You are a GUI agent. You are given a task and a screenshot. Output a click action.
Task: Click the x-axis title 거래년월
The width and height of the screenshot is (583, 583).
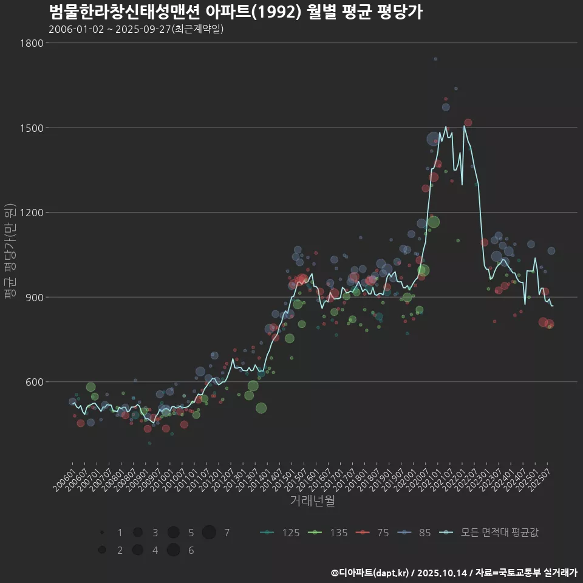[312, 501]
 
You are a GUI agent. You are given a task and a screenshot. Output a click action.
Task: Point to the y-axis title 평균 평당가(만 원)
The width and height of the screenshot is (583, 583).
[10, 252]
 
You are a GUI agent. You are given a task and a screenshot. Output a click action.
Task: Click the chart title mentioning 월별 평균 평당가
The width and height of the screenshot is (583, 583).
[235, 12]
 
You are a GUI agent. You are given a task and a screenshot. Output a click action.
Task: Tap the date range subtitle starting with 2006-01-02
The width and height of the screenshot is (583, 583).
[136, 29]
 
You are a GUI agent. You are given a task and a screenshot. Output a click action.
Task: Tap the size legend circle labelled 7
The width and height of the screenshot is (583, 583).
[210, 533]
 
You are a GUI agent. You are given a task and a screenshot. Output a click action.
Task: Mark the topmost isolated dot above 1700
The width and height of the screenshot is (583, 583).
[435, 59]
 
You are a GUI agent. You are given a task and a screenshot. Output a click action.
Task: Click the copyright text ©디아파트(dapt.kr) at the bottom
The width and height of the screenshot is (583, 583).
[370, 573]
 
